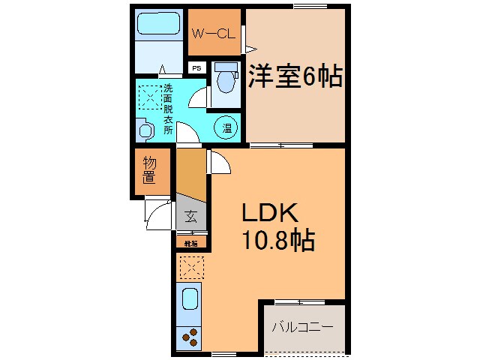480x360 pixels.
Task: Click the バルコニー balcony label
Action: coord(302,328)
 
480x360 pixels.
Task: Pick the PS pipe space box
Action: coord(197,68)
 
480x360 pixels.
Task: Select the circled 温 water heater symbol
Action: coord(226,127)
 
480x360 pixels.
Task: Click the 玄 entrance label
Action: coord(190,218)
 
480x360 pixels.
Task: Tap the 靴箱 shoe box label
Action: coord(190,243)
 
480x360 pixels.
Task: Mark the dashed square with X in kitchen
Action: coord(191,265)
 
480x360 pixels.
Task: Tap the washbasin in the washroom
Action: coord(145,130)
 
